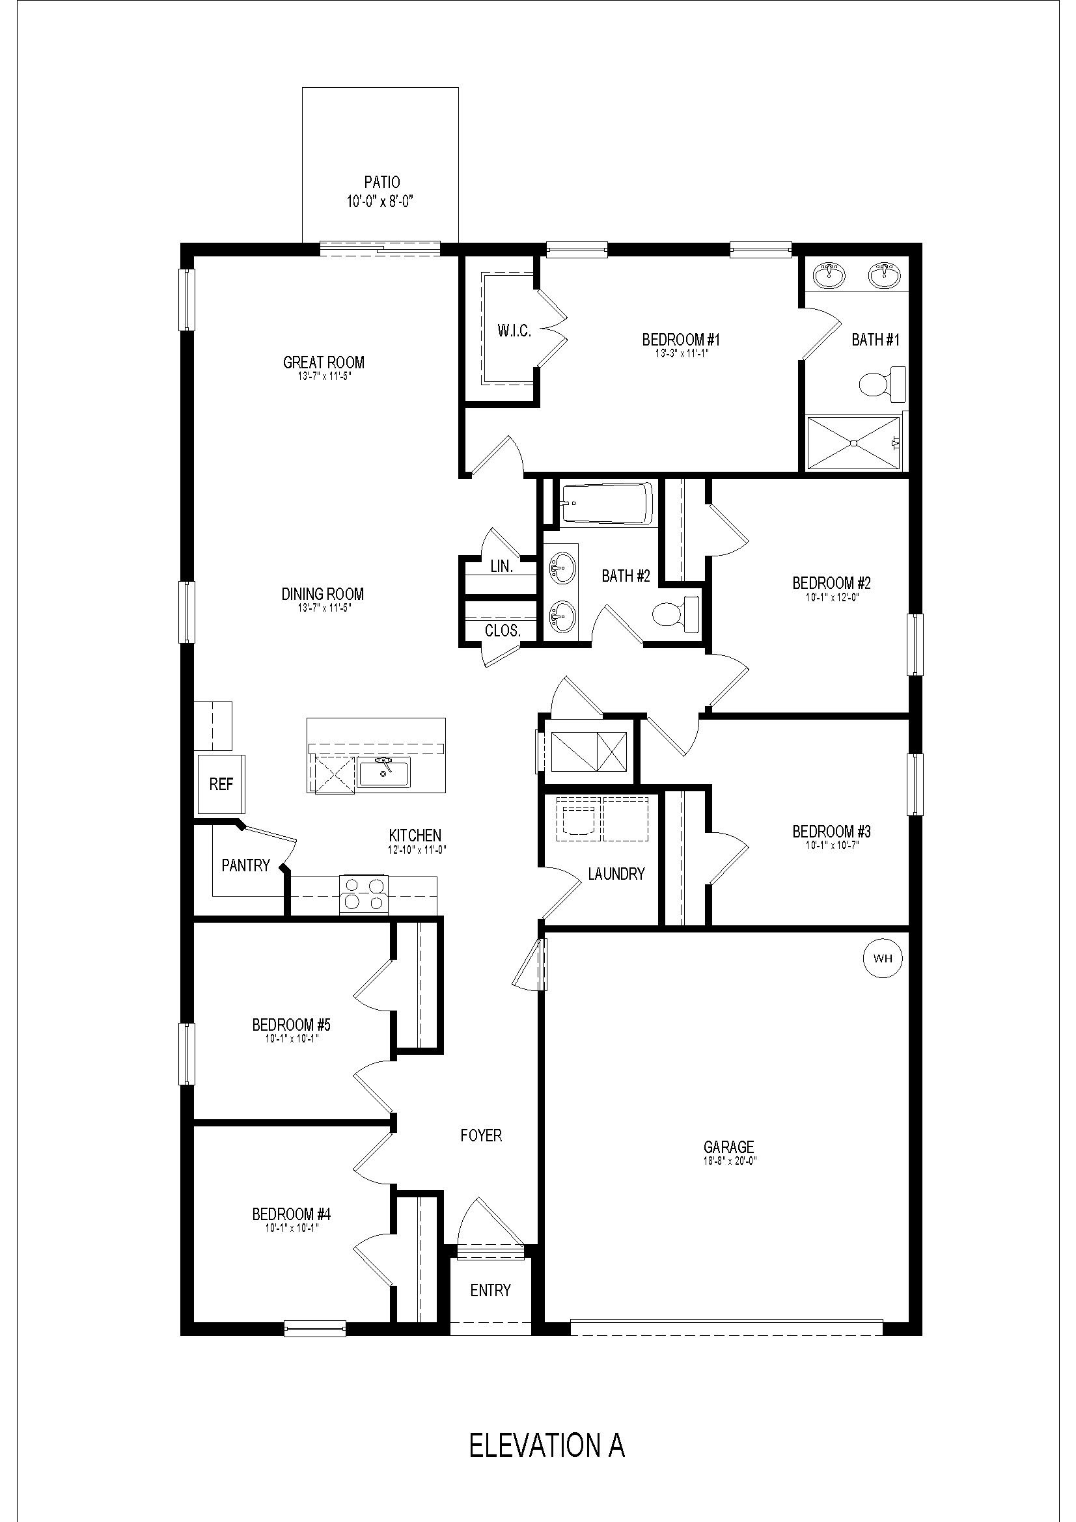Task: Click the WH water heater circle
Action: point(883,958)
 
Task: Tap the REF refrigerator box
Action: point(221,784)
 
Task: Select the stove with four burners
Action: point(364,893)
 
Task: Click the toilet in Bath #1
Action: point(882,384)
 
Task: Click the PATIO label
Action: point(382,182)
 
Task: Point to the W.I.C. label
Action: point(514,331)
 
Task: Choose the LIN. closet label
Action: point(501,566)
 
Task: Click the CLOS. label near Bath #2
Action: point(503,631)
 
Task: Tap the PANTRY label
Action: point(245,865)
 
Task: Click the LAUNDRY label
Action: point(616,874)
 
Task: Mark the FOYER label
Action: point(481,1135)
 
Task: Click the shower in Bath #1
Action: point(854,443)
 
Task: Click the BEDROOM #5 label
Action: point(292,1025)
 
